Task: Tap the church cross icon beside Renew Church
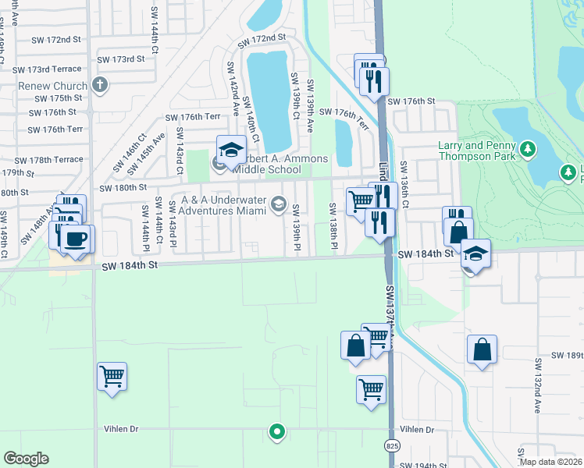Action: click(99, 84)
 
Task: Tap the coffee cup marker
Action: click(76, 238)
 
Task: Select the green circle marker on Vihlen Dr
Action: click(276, 431)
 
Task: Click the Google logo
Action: click(26, 459)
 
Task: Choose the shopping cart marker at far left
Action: click(112, 376)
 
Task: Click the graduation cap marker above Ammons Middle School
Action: click(231, 149)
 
